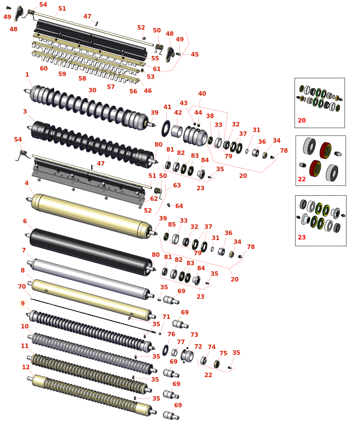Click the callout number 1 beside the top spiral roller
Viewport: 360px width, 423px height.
pyautogui.click(x=27, y=74)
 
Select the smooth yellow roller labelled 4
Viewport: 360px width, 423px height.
pyautogui.click(x=92, y=215)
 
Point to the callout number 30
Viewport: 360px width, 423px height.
pyautogui.click(x=92, y=90)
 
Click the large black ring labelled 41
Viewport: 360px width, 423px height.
pyautogui.click(x=166, y=129)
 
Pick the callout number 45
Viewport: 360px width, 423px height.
pyautogui.click(x=195, y=54)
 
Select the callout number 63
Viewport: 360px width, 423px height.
pyautogui.click(x=177, y=185)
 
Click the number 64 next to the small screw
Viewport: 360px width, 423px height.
pyautogui.click(x=179, y=206)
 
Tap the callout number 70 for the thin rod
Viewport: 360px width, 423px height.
pyautogui.click(x=22, y=286)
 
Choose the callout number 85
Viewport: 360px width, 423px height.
pyautogui.click(x=172, y=224)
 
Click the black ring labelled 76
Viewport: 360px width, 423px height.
pyautogui.click(x=165, y=350)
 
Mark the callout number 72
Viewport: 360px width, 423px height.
pyautogui.click(x=198, y=346)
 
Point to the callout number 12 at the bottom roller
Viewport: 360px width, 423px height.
pyautogui.click(x=26, y=367)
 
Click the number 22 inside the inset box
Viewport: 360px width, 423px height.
pyautogui.click(x=302, y=179)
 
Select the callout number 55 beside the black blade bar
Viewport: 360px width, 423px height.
pyautogui.click(x=155, y=58)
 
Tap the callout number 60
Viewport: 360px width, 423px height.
pyautogui.click(x=44, y=68)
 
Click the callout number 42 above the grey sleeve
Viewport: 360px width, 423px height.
pyautogui.click(x=178, y=112)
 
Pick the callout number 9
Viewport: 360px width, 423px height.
pyautogui.click(x=22, y=303)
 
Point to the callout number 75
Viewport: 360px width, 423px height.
pyautogui.click(x=223, y=353)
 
